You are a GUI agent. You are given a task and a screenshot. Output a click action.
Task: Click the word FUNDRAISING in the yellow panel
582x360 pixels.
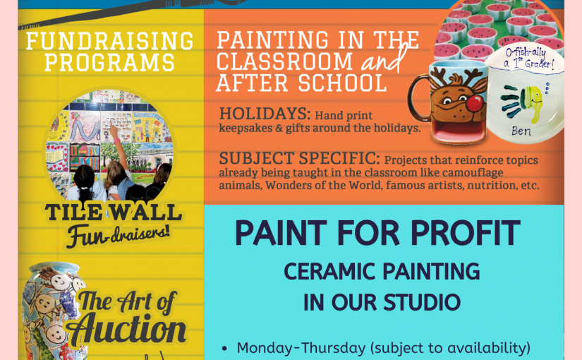click(110, 41)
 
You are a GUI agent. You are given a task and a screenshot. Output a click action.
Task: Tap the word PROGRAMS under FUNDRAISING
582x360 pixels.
click(110, 62)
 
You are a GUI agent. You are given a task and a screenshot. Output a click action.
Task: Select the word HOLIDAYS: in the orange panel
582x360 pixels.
click(265, 114)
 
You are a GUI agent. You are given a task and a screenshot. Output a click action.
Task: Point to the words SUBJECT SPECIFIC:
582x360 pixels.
click(300, 158)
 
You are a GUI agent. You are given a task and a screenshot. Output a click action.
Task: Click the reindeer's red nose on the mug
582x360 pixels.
click(474, 103)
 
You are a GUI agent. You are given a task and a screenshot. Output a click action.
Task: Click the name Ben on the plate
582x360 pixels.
click(521, 131)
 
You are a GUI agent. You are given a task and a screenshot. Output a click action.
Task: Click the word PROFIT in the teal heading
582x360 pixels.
click(466, 233)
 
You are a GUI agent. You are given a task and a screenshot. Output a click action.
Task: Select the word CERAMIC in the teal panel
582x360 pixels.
click(330, 271)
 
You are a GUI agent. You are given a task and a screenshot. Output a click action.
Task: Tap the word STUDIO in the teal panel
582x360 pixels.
click(422, 302)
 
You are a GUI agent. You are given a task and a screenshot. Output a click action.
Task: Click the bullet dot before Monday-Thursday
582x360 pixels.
click(224, 349)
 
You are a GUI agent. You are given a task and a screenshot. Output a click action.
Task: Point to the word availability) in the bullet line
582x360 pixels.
click(488, 348)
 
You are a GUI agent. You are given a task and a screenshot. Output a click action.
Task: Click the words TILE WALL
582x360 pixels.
click(114, 212)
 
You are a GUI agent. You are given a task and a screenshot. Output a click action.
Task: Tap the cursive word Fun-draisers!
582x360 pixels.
click(118, 235)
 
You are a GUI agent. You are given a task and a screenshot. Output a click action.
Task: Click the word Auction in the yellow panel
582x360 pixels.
click(126, 329)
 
